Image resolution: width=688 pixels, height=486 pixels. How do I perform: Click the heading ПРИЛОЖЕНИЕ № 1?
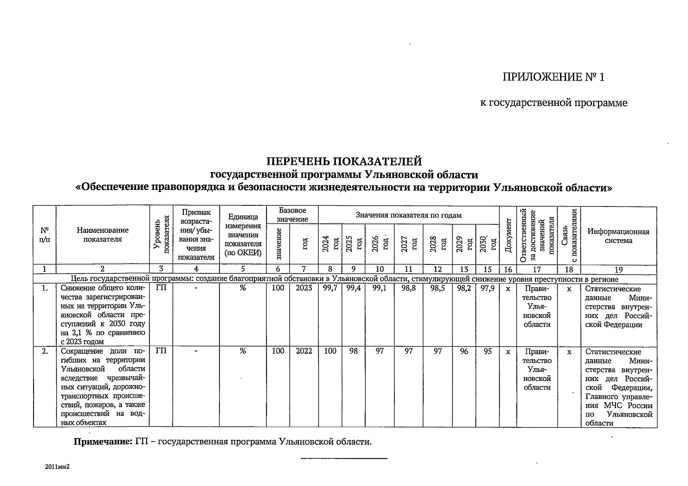pyautogui.click(x=553, y=77)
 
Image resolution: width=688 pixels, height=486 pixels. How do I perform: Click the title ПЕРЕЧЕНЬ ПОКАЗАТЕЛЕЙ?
pyautogui.click(x=344, y=162)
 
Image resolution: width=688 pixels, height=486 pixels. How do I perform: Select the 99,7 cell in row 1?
pyautogui.click(x=330, y=289)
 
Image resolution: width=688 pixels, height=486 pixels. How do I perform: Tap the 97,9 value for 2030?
pyautogui.click(x=487, y=289)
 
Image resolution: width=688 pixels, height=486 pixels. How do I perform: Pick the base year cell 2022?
pyautogui.click(x=304, y=351)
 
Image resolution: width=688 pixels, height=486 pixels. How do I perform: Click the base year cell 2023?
pyautogui.click(x=304, y=289)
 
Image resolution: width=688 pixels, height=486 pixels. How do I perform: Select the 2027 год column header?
pyautogui.click(x=409, y=245)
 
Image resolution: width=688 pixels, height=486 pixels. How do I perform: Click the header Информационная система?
pyautogui.click(x=618, y=236)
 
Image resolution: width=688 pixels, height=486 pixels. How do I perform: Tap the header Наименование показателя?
pyautogui.click(x=102, y=234)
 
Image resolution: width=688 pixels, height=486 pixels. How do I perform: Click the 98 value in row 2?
pyautogui.click(x=354, y=351)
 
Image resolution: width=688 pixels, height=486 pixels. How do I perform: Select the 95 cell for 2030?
pyautogui.click(x=487, y=351)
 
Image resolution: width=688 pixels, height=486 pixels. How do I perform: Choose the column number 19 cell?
pyautogui.click(x=618, y=269)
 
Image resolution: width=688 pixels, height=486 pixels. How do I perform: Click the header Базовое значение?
pyautogui.click(x=292, y=215)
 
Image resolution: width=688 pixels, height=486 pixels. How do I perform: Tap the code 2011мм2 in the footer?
pyautogui.click(x=58, y=467)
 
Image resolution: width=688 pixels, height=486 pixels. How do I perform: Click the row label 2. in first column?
pyautogui.click(x=45, y=351)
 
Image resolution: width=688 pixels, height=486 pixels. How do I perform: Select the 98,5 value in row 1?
pyautogui.click(x=437, y=289)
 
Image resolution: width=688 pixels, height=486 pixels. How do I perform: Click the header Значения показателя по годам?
pyautogui.click(x=408, y=215)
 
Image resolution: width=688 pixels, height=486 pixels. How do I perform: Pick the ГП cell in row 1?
pyautogui.click(x=161, y=288)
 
